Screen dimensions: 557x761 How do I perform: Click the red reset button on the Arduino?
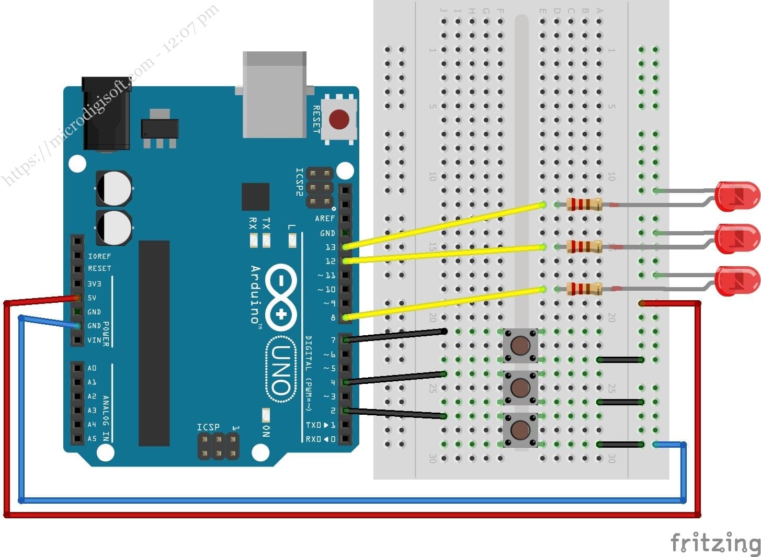coord(339,120)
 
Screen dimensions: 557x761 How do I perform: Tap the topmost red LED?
coord(737,196)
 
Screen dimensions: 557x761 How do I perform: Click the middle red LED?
coord(737,238)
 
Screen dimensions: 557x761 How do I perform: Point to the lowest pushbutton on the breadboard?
coord(520,429)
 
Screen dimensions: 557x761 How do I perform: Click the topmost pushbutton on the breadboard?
coord(520,345)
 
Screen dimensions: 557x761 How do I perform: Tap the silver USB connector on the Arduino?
coord(275,94)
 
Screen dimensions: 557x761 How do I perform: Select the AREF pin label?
coord(325,219)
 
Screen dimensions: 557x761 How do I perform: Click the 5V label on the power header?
coord(92,298)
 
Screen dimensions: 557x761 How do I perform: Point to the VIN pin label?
coord(94,340)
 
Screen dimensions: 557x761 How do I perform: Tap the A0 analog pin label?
coord(92,368)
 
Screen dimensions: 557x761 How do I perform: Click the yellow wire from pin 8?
coord(445,303)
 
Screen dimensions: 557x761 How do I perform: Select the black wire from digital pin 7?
coord(395,335)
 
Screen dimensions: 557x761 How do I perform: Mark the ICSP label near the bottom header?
coord(208,427)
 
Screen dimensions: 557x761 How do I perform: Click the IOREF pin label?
coord(99,256)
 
